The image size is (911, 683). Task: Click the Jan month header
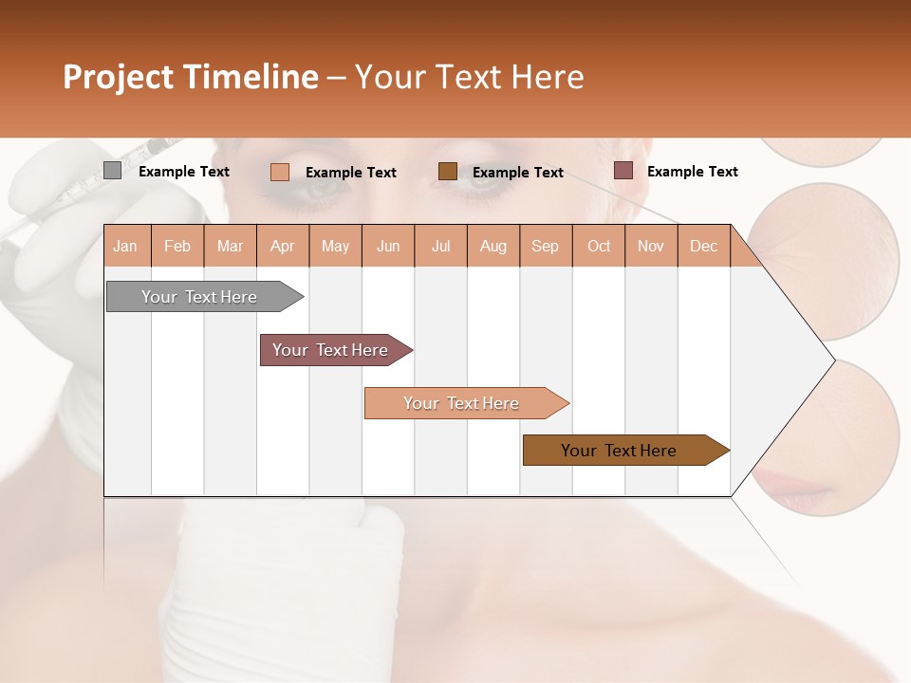click(125, 247)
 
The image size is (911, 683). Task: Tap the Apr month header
click(282, 247)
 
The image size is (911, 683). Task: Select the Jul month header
click(440, 247)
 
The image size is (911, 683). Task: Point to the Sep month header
click(545, 247)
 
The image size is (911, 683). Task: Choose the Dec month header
click(703, 247)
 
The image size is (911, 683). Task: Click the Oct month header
click(599, 247)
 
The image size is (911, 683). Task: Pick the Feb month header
click(177, 247)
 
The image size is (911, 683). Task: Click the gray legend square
click(112, 171)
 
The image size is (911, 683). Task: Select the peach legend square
click(280, 172)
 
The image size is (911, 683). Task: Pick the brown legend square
click(448, 171)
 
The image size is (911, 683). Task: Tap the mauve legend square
click(623, 171)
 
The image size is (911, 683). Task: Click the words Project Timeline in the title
click(190, 77)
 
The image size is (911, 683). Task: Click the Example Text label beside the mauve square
click(692, 172)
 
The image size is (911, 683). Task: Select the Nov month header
click(651, 247)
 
